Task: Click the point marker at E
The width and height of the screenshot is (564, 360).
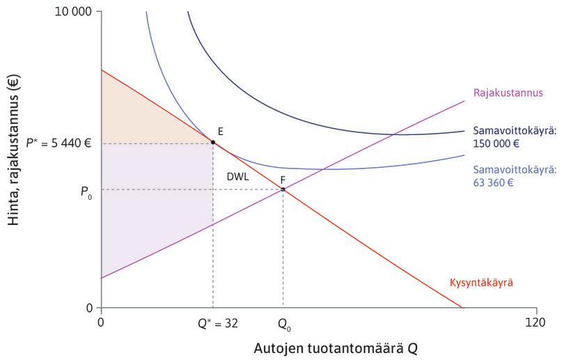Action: pos(213,141)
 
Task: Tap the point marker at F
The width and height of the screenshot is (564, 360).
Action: pos(283,189)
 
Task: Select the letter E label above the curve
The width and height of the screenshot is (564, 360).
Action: pos(220,131)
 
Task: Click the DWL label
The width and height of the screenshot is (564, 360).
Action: pos(238,177)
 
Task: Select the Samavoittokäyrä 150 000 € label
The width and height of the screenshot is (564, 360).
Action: pos(514,138)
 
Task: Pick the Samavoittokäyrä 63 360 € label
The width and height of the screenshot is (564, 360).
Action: pos(514,176)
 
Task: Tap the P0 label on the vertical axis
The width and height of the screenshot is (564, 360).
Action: pos(87,189)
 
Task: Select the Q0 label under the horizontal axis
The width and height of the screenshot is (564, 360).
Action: pos(283,324)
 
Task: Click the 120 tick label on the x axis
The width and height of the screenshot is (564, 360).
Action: pos(535,322)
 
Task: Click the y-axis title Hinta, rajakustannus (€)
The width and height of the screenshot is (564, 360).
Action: pos(13,159)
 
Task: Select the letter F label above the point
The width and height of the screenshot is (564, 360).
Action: pos(283,179)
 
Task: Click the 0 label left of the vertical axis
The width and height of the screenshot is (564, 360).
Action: pos(89,308)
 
